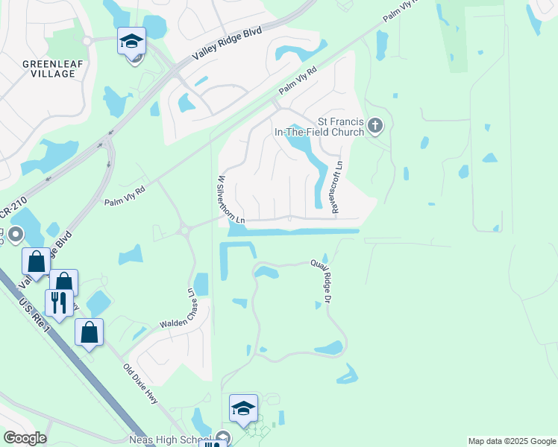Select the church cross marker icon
pyautogui.click(x=375, y=127)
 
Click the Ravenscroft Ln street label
pyautogui.click(x=336, y=186)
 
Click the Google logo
pyautogui.click(x=25, y=438)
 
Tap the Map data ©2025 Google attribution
pyautogui.click(x=511, y=441)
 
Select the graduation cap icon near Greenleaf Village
pyautogui.click(x=131, y=42)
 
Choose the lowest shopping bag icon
pyautogui.click(x=89, y=332)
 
